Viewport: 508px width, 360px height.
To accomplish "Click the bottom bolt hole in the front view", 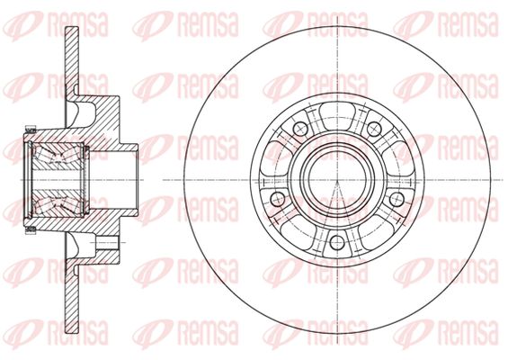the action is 337,242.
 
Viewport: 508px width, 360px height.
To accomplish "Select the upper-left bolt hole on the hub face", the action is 300,129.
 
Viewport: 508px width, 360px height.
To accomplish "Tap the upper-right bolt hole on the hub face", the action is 374,129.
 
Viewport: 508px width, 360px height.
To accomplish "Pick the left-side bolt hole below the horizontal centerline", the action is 277,199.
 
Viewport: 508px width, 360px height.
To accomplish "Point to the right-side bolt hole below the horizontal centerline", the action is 397,199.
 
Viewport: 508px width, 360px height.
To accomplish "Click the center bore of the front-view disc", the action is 337,180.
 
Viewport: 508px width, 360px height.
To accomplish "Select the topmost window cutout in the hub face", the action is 337,113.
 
